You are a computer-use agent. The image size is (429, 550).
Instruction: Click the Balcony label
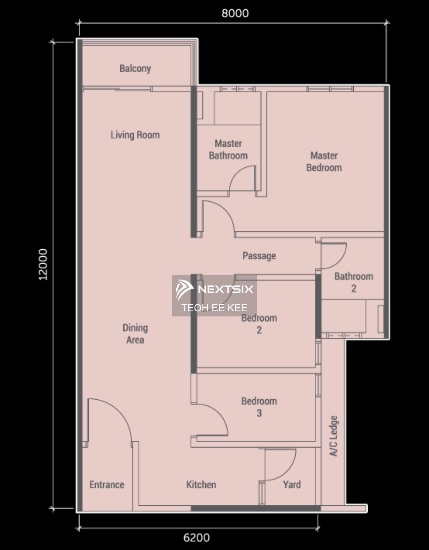135,69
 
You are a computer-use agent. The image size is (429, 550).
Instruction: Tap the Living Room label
135,135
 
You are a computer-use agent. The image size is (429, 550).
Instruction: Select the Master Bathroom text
228,149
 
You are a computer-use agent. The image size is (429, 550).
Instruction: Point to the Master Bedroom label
324,161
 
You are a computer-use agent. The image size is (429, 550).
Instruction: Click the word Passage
259,256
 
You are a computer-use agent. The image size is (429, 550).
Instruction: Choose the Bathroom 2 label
354,282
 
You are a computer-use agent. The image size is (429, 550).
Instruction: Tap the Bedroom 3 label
259,407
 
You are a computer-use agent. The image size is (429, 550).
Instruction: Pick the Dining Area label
135,334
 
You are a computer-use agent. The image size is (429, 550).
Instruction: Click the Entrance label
107,485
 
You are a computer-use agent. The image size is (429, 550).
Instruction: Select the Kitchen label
201,485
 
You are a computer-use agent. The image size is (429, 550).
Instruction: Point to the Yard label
292,485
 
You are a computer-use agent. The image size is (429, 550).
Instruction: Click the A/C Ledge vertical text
334,436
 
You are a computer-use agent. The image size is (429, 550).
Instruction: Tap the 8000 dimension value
235,14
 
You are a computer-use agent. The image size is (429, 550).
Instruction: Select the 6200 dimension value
197,538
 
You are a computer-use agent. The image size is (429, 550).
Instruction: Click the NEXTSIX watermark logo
214,289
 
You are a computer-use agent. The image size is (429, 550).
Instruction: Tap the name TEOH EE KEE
214,308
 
